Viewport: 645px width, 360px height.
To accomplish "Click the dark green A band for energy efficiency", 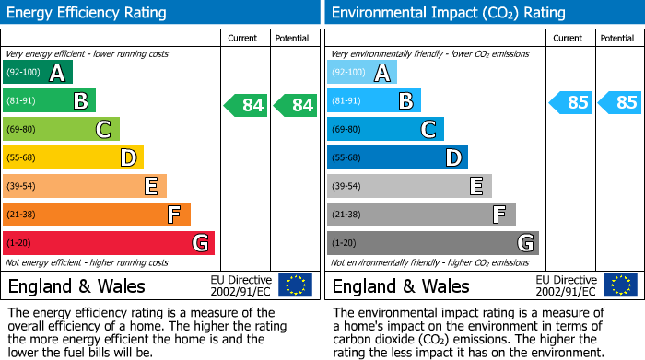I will pos(38,73).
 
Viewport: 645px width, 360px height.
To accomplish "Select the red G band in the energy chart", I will pos(109,243).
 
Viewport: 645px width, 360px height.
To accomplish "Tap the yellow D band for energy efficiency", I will pos(73,158).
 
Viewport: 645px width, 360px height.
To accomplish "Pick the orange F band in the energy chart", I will pos(97,215).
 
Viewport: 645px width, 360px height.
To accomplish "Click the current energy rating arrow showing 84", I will pos(246,105).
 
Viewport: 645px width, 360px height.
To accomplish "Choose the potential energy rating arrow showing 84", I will pos(296,105).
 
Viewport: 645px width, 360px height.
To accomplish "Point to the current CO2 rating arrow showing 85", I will pos(570,102).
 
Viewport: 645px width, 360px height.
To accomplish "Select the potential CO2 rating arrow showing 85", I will pos(620,102).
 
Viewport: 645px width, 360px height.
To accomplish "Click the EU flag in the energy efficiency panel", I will pos(295,285).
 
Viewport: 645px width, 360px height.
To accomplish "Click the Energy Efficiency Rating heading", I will pos(88,13).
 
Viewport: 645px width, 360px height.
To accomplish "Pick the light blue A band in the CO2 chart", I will pos(362,73).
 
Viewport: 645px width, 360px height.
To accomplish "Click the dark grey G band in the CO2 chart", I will pos(433,243).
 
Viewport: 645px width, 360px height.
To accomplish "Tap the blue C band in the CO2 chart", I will pos(385,130).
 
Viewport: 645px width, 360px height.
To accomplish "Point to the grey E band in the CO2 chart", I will pos(409,186).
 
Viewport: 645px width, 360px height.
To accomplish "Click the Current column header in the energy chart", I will pos(244,38).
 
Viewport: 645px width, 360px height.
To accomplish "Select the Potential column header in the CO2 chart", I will pos(616,38).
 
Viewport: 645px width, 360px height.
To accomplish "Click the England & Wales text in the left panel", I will pos(76,285).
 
